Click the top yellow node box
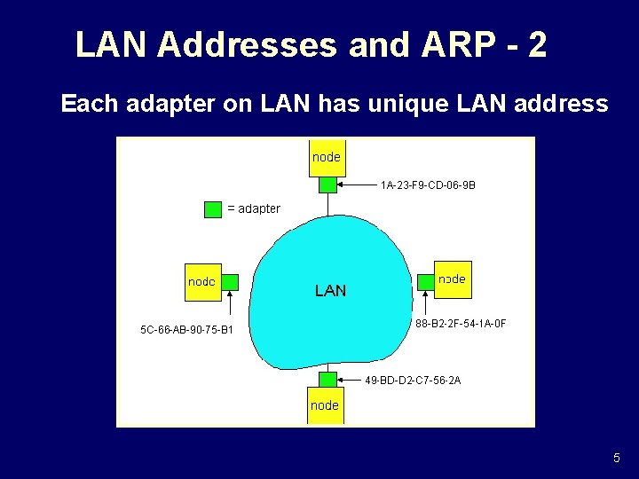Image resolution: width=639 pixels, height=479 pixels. (327, 158)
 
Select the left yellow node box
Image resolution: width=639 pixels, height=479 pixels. (202, 282)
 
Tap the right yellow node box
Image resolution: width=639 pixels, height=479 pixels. (452, 279)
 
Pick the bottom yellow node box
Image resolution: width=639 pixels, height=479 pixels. (325, 405)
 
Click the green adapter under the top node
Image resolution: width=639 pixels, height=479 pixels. (327, 185)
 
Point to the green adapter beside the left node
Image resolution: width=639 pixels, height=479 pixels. (230, 283)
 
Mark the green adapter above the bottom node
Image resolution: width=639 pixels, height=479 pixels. (327, 380)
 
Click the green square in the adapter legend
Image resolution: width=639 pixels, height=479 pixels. (213, 209)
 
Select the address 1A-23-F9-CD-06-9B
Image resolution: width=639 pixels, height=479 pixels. (428, 186)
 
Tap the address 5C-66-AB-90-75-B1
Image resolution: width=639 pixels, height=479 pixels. (187, 330)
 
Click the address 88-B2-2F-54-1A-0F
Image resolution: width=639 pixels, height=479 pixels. (461, 324)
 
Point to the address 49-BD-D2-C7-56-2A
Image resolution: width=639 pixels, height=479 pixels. (413, 381)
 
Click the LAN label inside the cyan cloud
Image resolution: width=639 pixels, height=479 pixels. (331, 290)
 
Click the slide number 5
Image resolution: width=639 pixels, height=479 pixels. (617, 459)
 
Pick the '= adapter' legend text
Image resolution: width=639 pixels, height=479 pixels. (254, 209)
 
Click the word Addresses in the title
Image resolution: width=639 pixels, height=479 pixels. (249, 44)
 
